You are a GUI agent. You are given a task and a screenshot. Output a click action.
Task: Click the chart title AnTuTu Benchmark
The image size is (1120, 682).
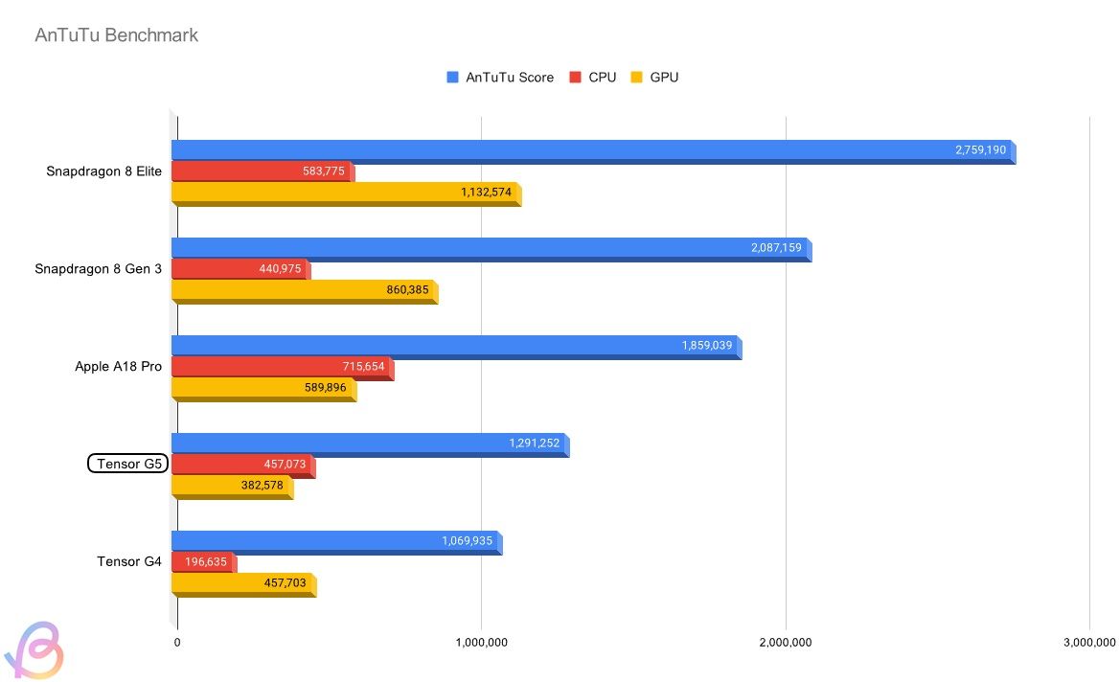pos(116,35)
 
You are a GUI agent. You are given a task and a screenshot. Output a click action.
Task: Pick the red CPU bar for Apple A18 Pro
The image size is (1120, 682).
pos(283,368)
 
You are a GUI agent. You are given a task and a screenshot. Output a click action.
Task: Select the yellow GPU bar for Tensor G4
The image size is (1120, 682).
pos(243,583)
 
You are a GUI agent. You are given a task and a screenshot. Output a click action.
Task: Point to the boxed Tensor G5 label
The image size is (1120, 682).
pos(127,465)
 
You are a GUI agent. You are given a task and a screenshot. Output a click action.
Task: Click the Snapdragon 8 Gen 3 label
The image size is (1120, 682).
pos(98,269)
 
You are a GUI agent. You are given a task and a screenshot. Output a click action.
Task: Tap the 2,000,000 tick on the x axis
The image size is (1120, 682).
pos(786,642)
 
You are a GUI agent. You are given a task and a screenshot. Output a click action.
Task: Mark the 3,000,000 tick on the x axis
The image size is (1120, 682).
pos(1089,642)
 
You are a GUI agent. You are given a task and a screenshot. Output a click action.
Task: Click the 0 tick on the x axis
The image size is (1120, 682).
pos(177,642)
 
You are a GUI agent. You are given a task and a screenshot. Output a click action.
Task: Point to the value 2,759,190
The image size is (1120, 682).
pos(980,150)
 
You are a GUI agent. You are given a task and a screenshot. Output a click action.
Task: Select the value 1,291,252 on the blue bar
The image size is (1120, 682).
pos(534,443)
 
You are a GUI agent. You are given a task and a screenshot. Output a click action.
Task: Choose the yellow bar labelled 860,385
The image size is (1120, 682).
pos(305,290)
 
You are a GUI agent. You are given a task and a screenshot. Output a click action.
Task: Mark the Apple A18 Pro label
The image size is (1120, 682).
pos(118,367)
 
